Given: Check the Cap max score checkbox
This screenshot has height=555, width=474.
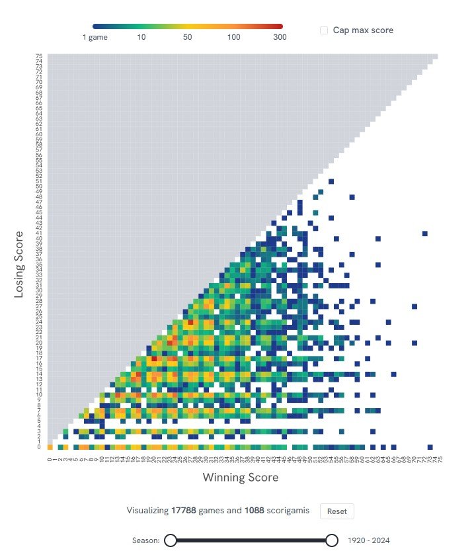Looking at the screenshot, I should [324, 30].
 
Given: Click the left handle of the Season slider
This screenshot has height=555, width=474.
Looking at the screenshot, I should [170, 540].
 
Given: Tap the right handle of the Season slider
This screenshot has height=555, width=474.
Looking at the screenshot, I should [332, 540].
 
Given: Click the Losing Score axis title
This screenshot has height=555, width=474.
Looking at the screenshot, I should [19, 263].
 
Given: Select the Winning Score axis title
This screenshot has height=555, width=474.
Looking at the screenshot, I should [240, 478].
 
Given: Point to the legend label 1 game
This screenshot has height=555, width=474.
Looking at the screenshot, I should [95, 37].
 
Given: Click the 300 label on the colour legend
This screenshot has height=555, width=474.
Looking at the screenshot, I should [280, 37].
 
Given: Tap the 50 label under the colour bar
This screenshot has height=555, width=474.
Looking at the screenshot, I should [188, 37].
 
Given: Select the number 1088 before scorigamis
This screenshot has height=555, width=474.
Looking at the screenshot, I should [256, 511].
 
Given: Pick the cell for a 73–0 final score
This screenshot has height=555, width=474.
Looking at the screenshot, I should [430, 447].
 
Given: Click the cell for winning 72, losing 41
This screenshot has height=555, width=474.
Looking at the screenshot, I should [425, 234].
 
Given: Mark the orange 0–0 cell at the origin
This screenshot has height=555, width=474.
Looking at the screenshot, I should [50, 447].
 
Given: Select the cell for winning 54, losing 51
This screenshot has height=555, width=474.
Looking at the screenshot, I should [331, 181].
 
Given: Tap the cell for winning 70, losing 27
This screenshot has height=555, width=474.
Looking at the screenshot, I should [415, 306].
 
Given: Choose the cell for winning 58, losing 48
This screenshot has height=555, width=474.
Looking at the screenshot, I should [352, 197].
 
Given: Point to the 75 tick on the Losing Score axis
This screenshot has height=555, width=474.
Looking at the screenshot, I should [40, 56].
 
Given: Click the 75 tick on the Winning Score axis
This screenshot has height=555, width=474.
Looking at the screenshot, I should [441, 459].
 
